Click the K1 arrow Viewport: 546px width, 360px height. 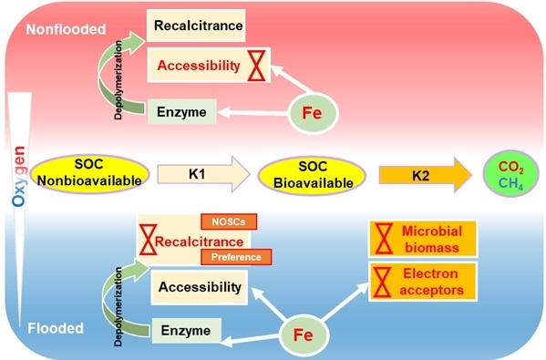203,174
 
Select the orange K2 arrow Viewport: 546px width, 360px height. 425,175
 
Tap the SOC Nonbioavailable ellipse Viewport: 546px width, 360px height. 90,174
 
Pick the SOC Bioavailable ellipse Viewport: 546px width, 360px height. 312,176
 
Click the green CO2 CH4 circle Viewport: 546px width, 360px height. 510,173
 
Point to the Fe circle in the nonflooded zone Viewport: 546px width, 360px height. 313,113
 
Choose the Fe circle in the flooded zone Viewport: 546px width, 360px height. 304,334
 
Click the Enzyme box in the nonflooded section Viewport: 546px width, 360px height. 181,112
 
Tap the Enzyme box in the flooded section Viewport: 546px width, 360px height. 186,331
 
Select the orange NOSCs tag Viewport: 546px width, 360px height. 229,221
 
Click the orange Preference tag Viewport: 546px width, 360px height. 236,257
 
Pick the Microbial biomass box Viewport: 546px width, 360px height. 423,239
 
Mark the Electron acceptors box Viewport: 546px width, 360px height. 423,282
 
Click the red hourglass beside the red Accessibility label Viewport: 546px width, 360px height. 257,66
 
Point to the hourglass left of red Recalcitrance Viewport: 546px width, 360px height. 149,240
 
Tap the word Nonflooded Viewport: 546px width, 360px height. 67,29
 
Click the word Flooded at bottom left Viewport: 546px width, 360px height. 56,328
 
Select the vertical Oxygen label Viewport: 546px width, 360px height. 19,176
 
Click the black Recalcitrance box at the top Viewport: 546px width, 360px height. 196,26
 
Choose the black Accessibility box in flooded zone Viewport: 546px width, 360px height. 200,287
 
